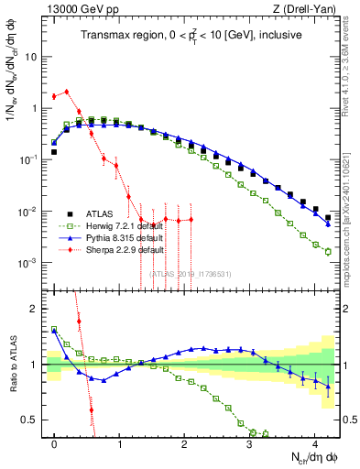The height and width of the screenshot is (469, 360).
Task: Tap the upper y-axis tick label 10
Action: [x=30, y=56]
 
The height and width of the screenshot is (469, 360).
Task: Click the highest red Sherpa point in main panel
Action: [x=67, y=92]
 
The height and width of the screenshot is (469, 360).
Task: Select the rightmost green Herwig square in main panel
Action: [x=327, y=251]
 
